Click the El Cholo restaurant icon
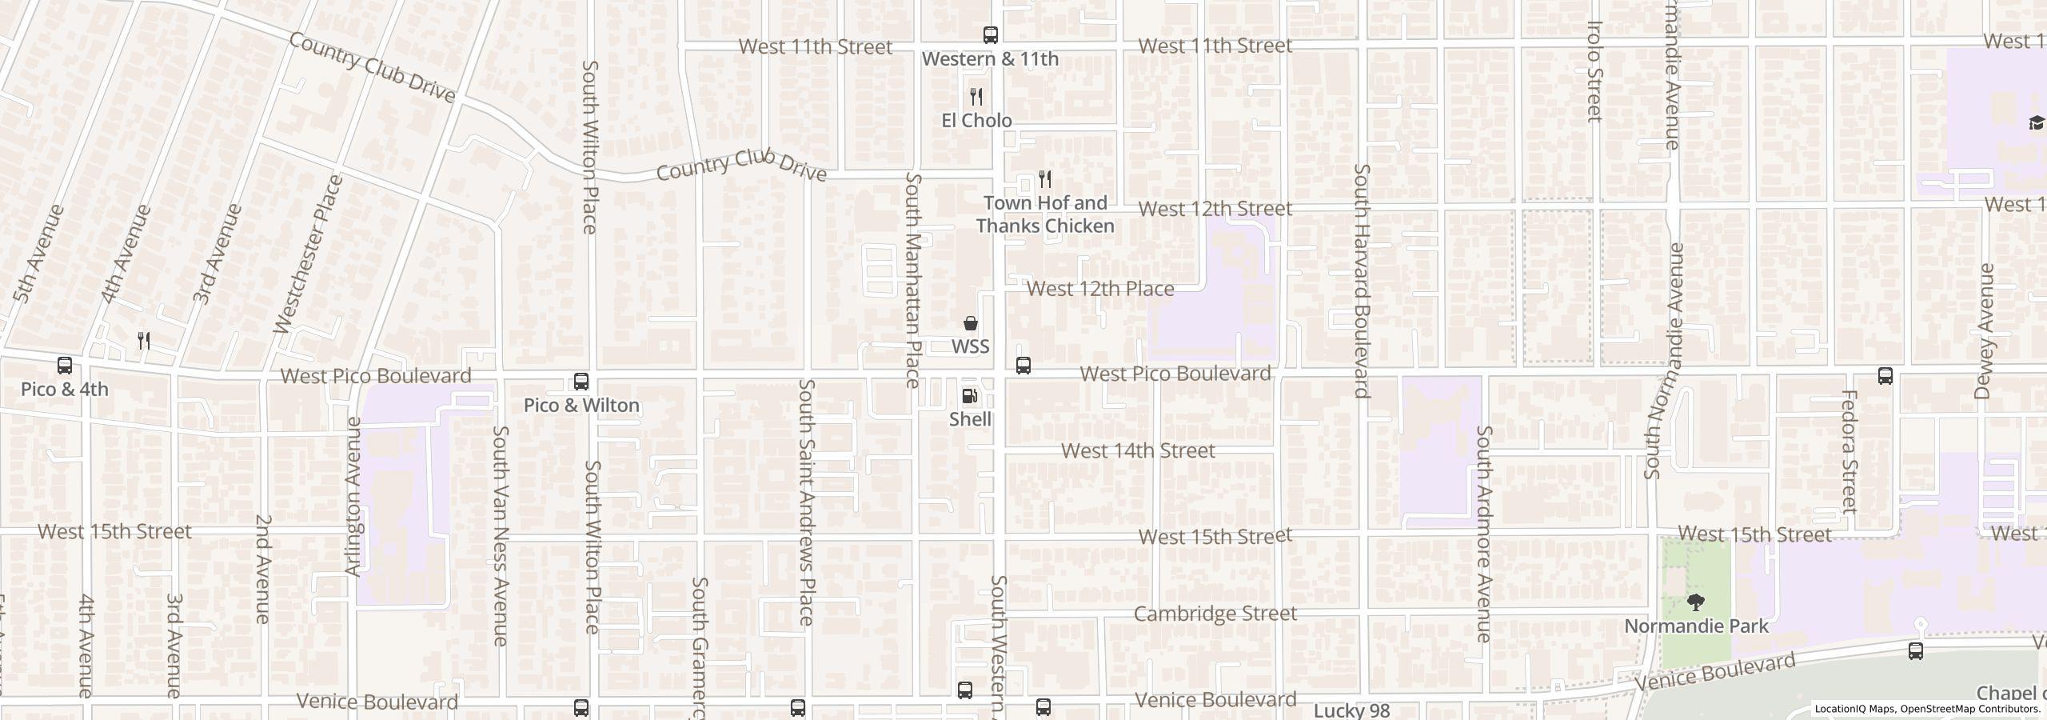[x=976, y=97]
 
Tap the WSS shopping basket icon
[x=970, y=323]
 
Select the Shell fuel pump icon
[x=969, y=396]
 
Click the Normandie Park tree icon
[x=1695, y=602]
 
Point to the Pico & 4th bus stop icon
[x=65, y=366]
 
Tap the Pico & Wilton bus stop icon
[x=581, y=382]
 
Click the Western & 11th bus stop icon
[x=990, y=35]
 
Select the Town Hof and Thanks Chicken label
[x=1044, y=214]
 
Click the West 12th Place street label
[x=1099, y=289]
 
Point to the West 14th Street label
[x=1137, y=450]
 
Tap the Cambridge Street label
[x=1215, y=614]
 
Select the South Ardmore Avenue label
[x=1483, y=534]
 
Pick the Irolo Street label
[x=1594, y=70]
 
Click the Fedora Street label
[x=1848, y=451]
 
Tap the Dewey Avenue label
[x=1985, y=330]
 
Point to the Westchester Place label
[x=309, y=254]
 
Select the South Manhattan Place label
[x=913, y=280]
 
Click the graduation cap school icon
[x=2037, y=122]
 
